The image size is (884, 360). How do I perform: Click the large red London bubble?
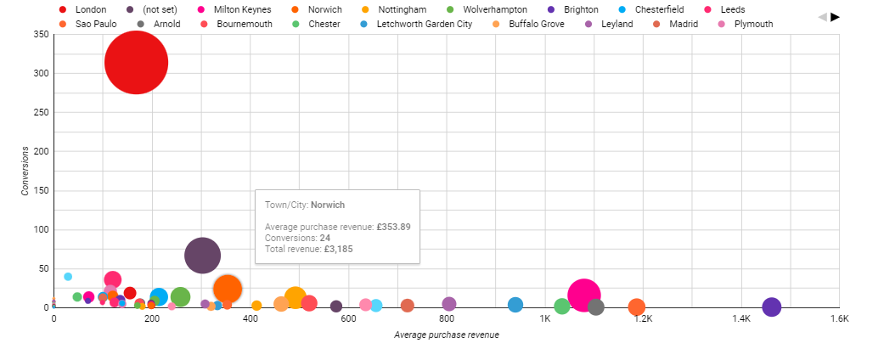(x=136, y=62)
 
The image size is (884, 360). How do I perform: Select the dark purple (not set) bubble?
(x=202, y=255)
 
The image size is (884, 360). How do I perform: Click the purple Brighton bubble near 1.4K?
(x=771, y=307)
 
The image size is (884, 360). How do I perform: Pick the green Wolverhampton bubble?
(x=180, y=296)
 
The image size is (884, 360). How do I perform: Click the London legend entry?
(x=90, y=9)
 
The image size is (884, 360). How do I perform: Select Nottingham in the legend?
(x=402, y=9)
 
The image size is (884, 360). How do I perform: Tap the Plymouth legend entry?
(x=753, y=24)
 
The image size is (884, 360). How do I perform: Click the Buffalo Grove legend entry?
(x=536, y=24)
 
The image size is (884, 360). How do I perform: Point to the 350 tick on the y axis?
(x=40, y=35)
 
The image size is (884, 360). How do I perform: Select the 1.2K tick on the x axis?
(x=643, y=319)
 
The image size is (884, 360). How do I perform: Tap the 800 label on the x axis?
(x=447, y=319)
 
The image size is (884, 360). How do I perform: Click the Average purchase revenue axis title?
(x=446, y=335)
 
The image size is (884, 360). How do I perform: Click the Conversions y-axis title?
(x=25, y=172)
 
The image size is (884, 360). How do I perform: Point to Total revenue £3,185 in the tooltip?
(x=303, y=249)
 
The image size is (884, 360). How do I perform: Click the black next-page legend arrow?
(x=835, y=17)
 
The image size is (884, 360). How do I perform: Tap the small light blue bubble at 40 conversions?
(x=68, y=277)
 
